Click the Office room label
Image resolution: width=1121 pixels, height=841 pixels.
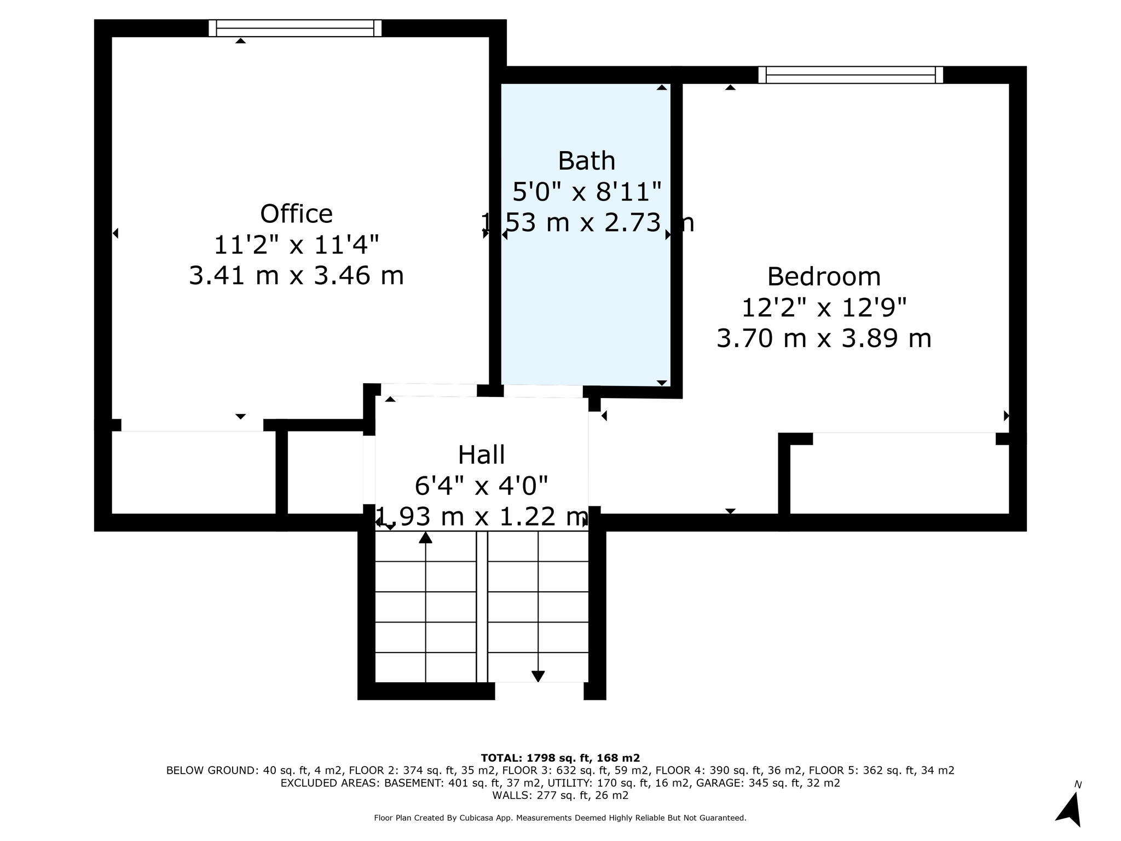(x=296, y=214)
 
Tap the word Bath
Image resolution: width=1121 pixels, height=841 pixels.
(x=586, y=161)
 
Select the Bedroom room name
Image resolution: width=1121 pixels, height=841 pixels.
(x=823, y=277)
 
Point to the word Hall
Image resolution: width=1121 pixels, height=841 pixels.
(x=481, y=454)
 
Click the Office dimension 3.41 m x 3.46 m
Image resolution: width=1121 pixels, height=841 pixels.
(x=296, y=275)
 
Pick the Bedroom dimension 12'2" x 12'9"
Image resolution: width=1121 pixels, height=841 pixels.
(x=823, y=308)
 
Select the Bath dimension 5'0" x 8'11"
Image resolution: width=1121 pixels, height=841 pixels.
(x=586, y=192)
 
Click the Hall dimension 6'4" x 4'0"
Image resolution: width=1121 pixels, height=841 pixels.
(x=481, y=485)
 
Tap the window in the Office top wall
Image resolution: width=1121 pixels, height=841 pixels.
(x=295, y=28)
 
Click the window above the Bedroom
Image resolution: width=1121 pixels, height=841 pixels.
(x=850, y=75)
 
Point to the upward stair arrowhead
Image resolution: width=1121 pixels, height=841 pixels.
(x=425, y=538)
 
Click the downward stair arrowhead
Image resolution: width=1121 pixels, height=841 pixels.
(x=538, y=676)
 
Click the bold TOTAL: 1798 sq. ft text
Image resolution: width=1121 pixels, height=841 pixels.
(x=560, y=758)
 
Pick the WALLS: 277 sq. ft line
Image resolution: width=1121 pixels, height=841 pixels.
(x=560, y=796)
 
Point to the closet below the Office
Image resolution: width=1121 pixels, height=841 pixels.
(x=193, y=473)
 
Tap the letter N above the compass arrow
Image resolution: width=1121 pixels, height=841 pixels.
(x=1078, y=785)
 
